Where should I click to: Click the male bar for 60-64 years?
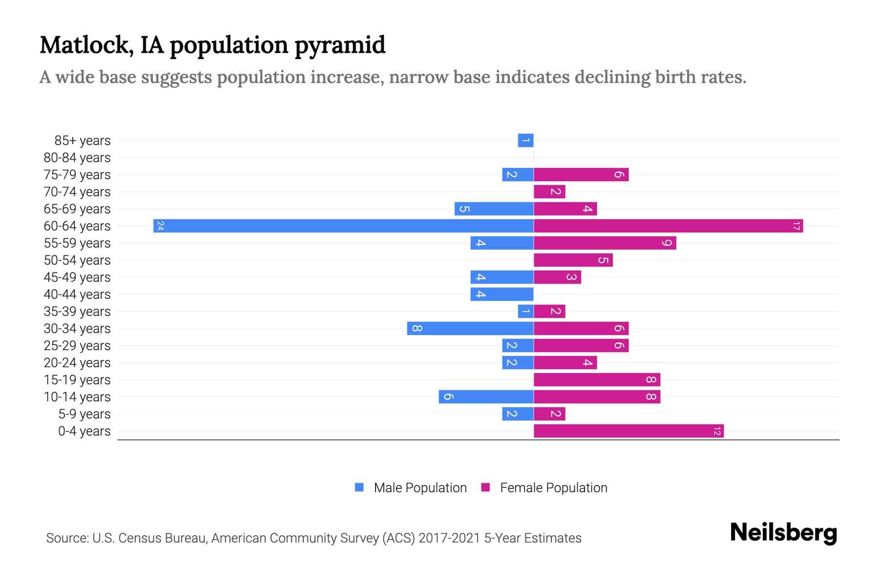343,226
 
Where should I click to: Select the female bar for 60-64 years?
668,226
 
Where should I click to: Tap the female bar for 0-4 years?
628,431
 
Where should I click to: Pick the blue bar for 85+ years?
525,141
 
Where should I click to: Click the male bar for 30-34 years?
470,328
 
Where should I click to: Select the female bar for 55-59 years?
605,243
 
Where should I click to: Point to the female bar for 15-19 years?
597,379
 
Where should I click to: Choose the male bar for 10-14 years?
486,397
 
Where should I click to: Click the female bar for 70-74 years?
549,191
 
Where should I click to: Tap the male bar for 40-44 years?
502,294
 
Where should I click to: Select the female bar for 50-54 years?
573,260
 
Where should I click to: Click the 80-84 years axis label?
77,158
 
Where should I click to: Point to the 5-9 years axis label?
84,414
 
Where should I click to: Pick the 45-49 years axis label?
77,277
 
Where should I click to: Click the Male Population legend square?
359,487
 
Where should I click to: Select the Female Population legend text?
553,487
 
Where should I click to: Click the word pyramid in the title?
340,46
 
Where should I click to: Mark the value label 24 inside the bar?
160,226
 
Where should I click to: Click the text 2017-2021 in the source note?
449,538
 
